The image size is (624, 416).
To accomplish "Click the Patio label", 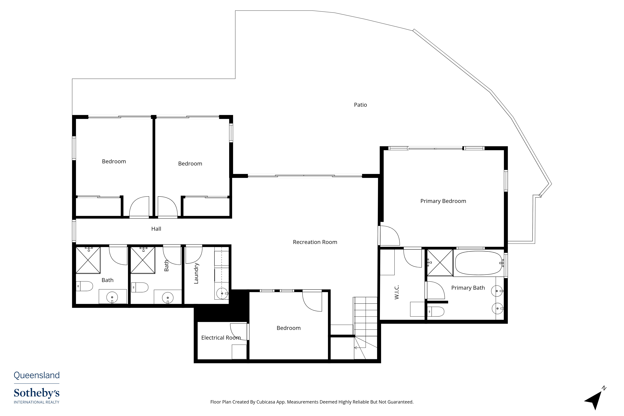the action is (x=360, y=105).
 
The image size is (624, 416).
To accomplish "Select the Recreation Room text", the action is (x=315, y=242).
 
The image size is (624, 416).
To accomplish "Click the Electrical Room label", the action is (x=221, y=338).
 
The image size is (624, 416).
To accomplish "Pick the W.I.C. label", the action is (x=397, y=292).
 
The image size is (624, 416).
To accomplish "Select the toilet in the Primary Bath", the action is (x=436, y=312).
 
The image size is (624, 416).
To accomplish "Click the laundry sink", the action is (x=222, y=293).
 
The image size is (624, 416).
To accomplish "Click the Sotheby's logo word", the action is (x=37, y=393).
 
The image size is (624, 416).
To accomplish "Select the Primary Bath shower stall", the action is (x=440, y=262).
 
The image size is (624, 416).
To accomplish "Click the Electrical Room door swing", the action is (x=238, y=332).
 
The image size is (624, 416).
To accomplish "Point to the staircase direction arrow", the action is (x=360, y=348).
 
